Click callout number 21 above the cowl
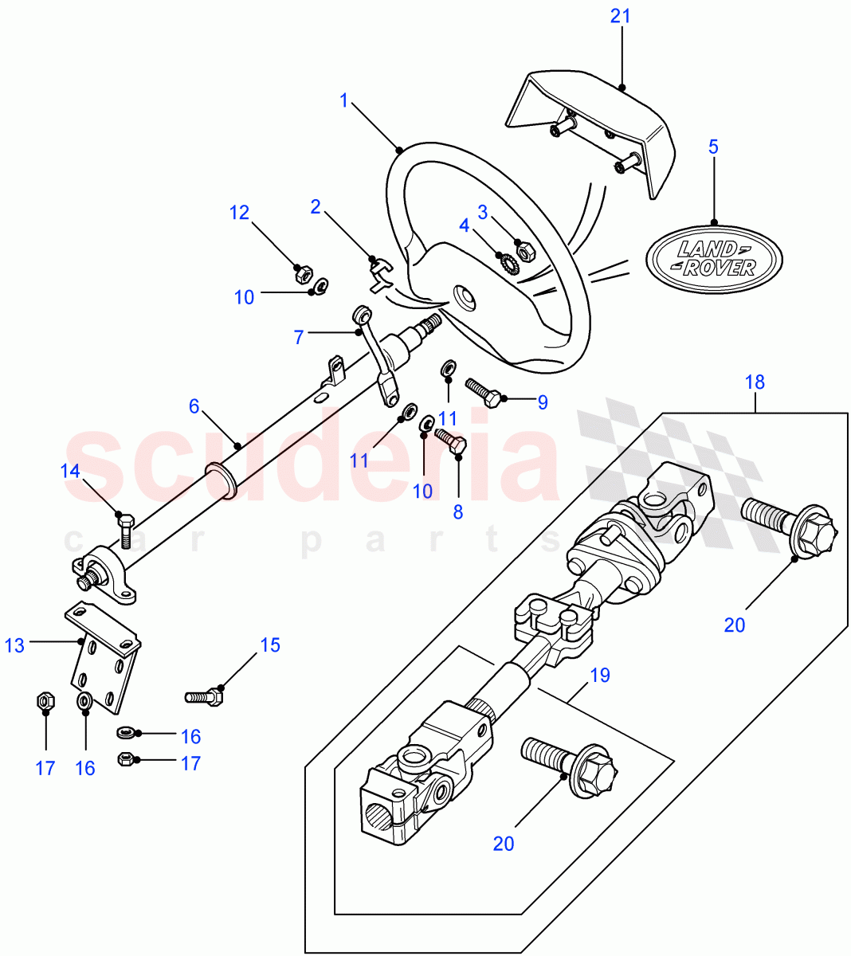[621, 16]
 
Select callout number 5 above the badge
[713, 147]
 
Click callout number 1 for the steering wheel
[343, 100]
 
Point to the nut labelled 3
[526, 253]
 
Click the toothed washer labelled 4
[504, 261]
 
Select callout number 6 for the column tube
[194, 406]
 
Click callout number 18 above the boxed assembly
[755, 382]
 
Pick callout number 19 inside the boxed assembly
[600, 676]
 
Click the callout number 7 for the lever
[299, 338]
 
